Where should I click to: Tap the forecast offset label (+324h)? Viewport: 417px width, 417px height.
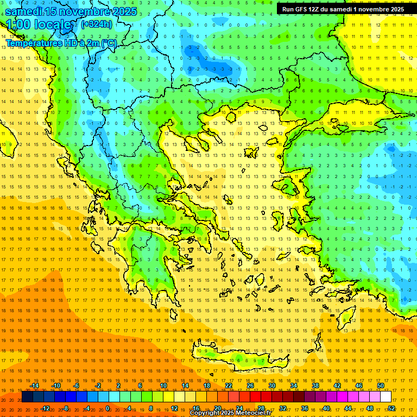pos(97,24)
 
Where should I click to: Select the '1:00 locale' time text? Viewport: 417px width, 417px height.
pos(39,24)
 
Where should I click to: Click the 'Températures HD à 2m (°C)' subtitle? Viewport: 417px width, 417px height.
pos(61,42)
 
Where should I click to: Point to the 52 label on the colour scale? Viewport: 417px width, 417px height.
pos(391,408)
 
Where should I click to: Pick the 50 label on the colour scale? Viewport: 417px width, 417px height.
pos(381,386)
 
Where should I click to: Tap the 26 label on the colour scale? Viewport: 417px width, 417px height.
pos(250,386)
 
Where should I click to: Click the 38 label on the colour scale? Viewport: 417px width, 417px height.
pos(315,386)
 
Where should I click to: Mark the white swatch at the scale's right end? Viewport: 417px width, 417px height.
pos(386,397)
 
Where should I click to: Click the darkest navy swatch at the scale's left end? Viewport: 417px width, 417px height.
pos(28,397)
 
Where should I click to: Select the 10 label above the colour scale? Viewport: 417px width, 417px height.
pos(163,386)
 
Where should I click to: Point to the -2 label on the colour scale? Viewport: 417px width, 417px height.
pos(98,386)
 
